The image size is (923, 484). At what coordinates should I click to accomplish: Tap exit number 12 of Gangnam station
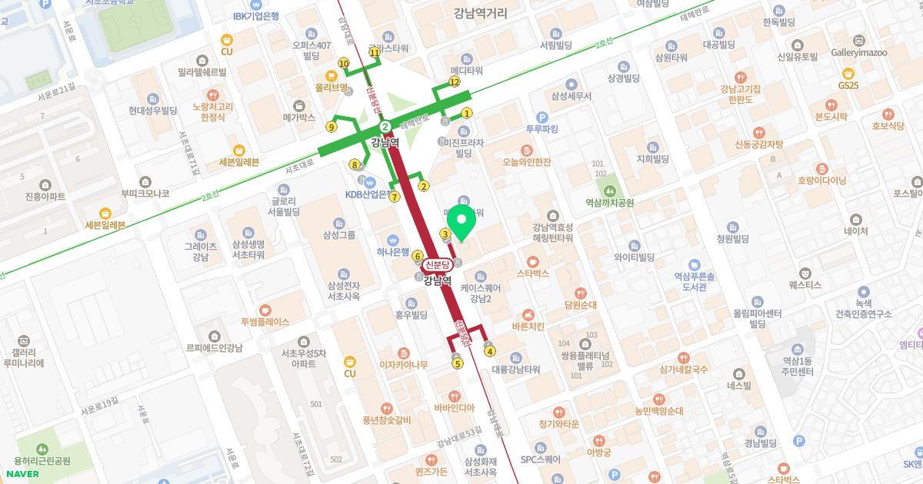(455, 81)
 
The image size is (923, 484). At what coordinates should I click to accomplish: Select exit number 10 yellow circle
(344, 64)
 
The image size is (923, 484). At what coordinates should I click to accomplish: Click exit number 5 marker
(458, 363)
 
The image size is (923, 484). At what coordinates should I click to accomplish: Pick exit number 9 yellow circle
(332, 127)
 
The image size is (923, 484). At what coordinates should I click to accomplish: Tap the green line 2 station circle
(385, 127)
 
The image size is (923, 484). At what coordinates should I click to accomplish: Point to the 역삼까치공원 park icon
(609, 189)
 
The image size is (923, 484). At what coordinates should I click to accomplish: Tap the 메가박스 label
(299, 118)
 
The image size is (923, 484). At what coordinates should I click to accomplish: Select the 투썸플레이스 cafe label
(265, 322)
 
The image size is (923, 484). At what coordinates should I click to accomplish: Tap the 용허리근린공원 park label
(42, 461)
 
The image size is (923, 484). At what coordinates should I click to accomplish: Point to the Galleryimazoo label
(859, 52)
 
